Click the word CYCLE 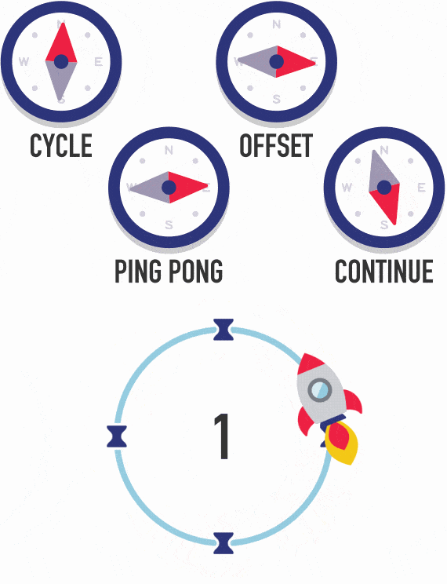click(x=61, y=145)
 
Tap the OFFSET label click(x=276, y=145)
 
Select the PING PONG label click(x=169, y=271)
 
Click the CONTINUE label click(x=383, y=271)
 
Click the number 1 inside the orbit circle click(x=222, y=436)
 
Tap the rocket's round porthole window click(x=320, y=389)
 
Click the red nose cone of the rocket click(x=309, y=364)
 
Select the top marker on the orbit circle click(x=223, y=329)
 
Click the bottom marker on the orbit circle click(x=223, y=543)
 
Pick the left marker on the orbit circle click(x=117, y=436)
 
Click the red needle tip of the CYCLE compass click(x=64, y=24)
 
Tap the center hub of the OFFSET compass click(x=276, y=61)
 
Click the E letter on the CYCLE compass click(x=98, y=61)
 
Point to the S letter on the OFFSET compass click(x=276, y=99)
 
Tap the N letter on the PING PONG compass click(x=169, y=150)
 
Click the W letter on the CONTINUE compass click(x=347, y=188)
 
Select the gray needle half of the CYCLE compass click(x=61, y=80)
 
